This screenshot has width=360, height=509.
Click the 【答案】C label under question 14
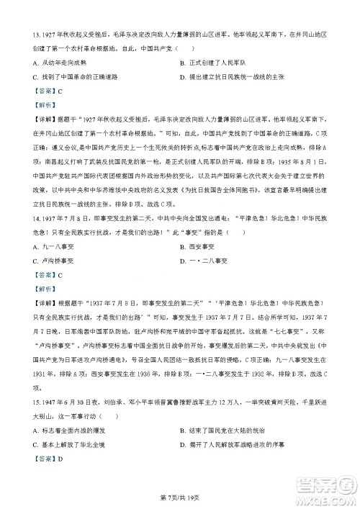pos(44,294)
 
